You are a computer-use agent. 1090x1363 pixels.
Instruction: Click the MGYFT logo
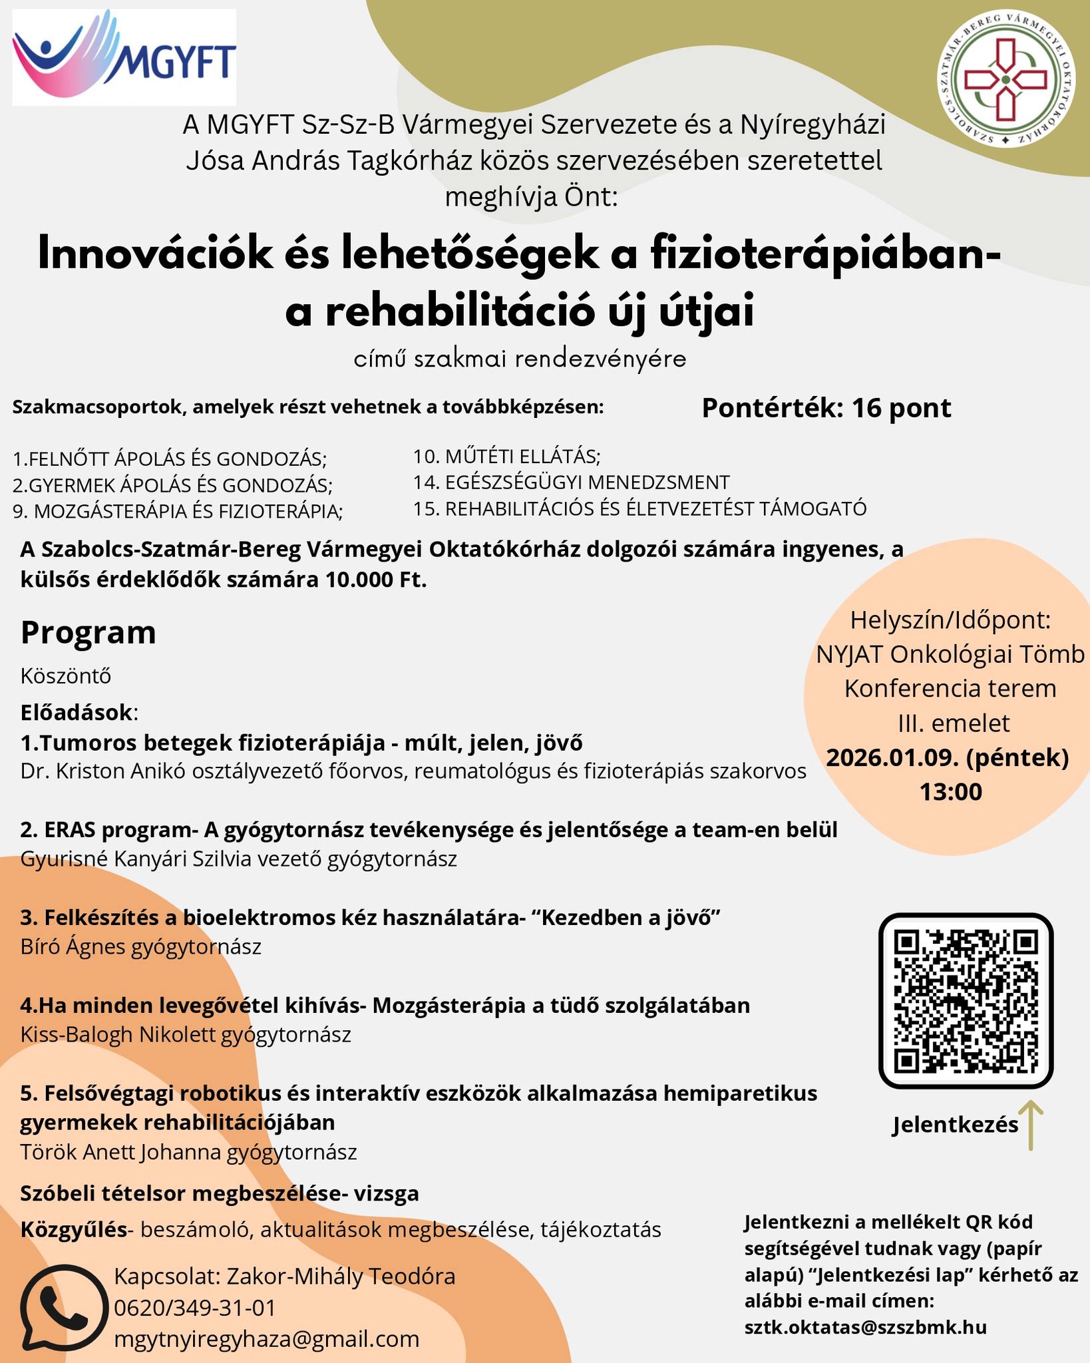(124, 57)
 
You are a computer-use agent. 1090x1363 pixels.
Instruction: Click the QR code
(966, 1000)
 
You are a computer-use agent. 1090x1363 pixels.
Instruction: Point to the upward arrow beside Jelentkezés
(1031, 1125)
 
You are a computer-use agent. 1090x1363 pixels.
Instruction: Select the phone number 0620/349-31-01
(194, 1308)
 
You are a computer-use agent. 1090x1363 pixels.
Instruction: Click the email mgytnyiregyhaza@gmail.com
(267, 1339)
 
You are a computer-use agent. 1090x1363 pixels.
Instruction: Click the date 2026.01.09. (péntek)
(947, 757)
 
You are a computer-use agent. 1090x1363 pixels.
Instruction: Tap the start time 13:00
(951, 792)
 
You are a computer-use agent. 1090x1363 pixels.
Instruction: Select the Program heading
(89, 632)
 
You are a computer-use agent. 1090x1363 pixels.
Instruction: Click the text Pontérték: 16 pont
(826, 408)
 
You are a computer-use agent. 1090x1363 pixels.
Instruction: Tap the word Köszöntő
(66, 676)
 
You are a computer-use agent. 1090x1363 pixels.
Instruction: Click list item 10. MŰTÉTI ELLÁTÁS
(506, 457)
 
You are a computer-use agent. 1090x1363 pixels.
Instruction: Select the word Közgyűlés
(73, 1229)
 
